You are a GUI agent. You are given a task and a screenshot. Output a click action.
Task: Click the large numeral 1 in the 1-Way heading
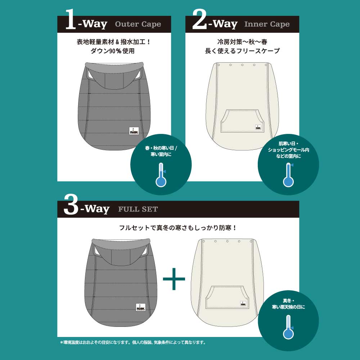pos(71,19)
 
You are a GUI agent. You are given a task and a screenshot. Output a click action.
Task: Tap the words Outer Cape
pos(138,24)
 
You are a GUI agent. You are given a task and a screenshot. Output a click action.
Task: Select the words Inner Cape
pos(267,24)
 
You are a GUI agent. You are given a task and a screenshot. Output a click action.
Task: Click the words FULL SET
pos(138,209)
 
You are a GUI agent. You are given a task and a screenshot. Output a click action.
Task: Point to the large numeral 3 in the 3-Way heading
pos(71,204)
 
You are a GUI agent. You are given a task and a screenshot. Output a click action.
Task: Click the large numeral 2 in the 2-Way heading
pos(200,19)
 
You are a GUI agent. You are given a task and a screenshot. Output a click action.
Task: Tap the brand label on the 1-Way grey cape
pos(134,131)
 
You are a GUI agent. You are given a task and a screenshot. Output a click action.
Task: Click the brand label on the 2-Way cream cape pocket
pos(258,127)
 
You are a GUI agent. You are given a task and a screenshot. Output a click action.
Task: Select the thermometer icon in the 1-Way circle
pos(161,175)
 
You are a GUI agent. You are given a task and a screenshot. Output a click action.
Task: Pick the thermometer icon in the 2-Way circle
pos(288,175)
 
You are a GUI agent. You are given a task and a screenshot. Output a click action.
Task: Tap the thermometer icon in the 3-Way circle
pos(288,327)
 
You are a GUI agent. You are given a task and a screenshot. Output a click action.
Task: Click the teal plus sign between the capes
pos(174,279)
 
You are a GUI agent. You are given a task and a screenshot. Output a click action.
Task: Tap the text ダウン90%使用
pos(112,51)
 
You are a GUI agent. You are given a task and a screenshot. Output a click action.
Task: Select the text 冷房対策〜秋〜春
pos(242,42)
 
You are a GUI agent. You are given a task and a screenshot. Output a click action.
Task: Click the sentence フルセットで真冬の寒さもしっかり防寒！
pos(178,228)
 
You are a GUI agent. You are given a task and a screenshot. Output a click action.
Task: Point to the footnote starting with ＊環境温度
pos(133,343)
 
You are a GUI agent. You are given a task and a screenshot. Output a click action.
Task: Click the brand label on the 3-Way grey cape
pos(141,307)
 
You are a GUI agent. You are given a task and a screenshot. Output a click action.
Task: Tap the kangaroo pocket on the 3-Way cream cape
pos(227,297)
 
